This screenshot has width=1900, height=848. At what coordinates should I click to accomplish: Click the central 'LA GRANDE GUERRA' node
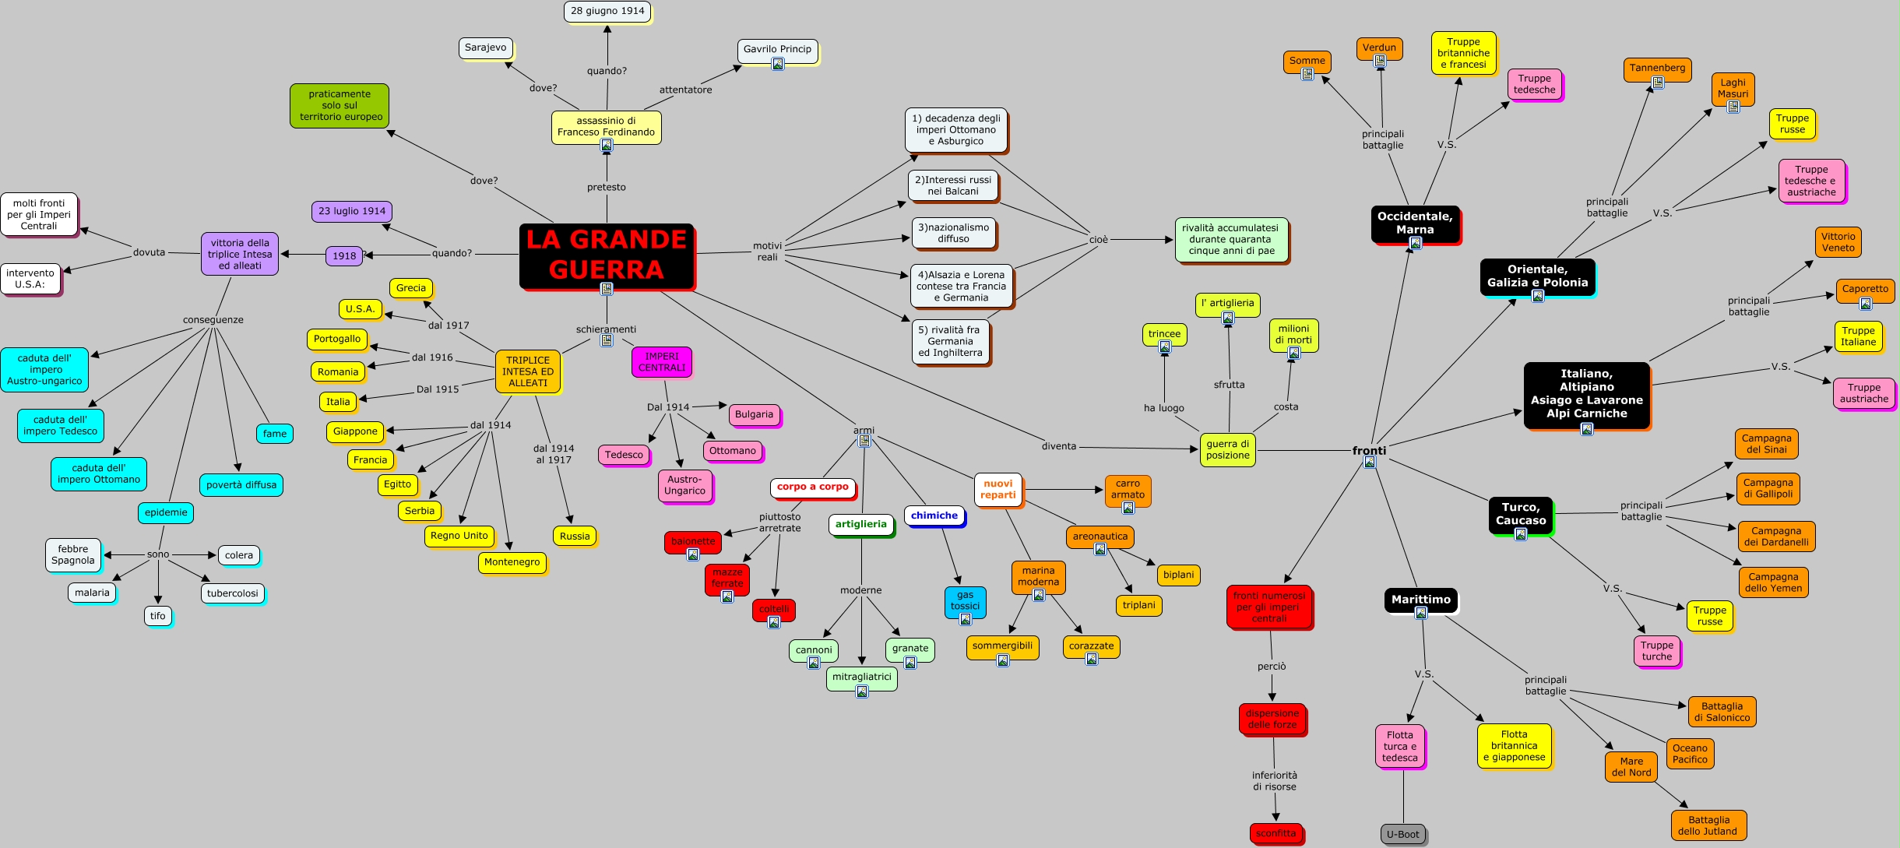pyautogui.click(x=606, y=255)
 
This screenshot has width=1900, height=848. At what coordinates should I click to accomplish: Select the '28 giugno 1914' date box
pyautogui.click(x=607, y=11)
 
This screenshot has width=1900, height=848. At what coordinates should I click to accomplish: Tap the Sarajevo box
pyautogui.click(x=485, y=48)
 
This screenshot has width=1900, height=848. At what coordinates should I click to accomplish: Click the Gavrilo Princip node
pyautogui.click(x=777, y=50)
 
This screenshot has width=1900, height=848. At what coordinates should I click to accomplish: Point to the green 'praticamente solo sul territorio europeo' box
pyautogui.click(x=340, y=105)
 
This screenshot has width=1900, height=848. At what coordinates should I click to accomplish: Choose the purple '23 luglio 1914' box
pyautogui.click(x=352, y=211)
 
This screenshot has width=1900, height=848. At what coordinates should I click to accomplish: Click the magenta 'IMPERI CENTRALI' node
pyautogui.click(x=662, y=362)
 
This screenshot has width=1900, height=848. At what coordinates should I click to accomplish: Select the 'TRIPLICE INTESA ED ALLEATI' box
pyautogui.click(x=528, y=371)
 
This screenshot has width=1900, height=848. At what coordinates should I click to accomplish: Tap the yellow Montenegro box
pyautogui.click(x=512, y=562)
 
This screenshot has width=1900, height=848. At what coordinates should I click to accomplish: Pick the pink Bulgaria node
pyautogui.click(x=754, y=414)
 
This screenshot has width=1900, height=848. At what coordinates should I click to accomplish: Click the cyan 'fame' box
pyautogui.click(x=275, y=434)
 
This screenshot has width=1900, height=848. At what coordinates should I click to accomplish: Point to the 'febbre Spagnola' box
pyautogui.click(x=73, y=554)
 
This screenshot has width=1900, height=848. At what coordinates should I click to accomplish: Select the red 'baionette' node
pyautogui.click(x=693, y=541)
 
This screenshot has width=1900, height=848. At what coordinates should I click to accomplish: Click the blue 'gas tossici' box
pyautogui.click(x=965, y=601)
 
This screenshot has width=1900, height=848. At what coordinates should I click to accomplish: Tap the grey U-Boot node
pyautogui.click(x=1402, y=834)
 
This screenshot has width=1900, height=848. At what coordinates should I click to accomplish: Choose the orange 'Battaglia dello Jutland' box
pyautogui.click(x=1708, y=825)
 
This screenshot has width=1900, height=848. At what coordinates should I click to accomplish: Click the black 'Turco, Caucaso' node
pyautogui.click(x=1520, y=514)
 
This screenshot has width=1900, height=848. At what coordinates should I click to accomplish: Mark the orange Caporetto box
pyautogui.click(x=1865, y=289)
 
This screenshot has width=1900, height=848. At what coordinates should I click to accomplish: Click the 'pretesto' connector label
pyautogui.click(x=607, y=187)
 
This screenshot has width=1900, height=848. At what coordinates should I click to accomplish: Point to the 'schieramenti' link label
pyautogui.click(x=606, y=329)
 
